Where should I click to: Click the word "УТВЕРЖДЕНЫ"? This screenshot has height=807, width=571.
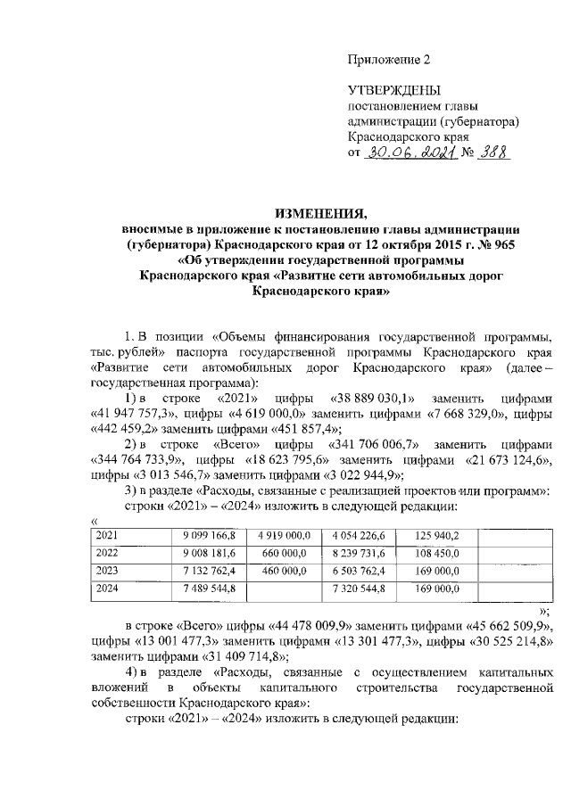coord(393,91)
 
